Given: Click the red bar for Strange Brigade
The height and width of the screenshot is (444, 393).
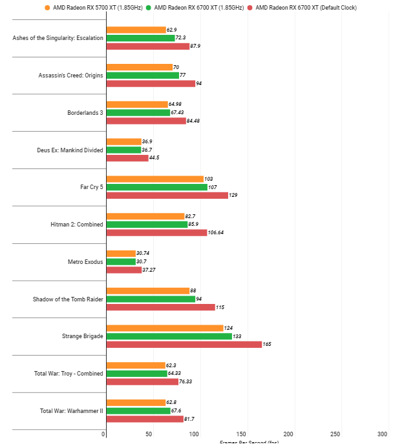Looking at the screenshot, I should pos(184,345).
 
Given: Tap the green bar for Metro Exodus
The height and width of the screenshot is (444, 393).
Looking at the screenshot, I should pos(120,262).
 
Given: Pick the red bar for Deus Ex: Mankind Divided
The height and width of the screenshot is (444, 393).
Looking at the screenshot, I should pos(127,158).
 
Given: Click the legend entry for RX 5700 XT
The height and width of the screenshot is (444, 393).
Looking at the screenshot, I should pos(89,8).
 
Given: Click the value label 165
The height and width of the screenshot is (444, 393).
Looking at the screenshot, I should pos(267,345).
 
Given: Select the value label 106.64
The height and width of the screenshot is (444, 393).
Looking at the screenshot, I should pos(218,232).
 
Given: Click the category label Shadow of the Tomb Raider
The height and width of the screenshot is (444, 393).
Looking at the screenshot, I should pos(67,299).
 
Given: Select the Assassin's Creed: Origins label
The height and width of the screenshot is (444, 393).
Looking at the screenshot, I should pos(70,76).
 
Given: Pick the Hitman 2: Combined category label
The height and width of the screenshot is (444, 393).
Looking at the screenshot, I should pos(76,225).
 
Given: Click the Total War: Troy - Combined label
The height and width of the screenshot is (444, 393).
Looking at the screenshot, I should pos(69,374).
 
